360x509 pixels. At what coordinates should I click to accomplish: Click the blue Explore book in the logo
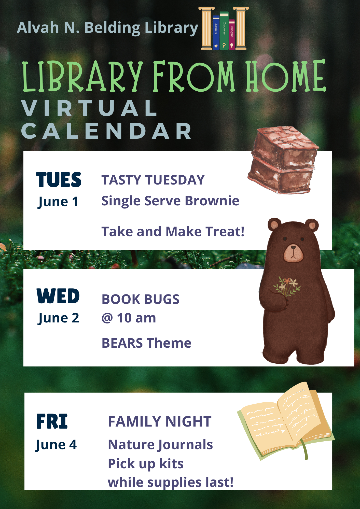(216, 32)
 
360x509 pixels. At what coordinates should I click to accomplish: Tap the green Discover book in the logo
(224, 30)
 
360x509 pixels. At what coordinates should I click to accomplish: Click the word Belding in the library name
(112, 28)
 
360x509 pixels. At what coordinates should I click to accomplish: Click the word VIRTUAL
(89, 108)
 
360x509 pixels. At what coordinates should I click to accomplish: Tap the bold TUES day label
(59, 180)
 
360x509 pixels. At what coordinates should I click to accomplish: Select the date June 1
(58, 202)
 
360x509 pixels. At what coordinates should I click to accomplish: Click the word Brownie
(212, 201)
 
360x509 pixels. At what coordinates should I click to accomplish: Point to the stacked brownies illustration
(283, 160)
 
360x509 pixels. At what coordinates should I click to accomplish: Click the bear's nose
(293, 247)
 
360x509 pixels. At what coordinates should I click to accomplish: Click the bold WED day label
(58, 296)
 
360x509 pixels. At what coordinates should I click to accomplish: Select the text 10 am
(136, 318)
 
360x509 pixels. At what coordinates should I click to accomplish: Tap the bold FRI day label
(52, 421)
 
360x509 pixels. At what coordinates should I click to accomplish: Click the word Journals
(186, 445)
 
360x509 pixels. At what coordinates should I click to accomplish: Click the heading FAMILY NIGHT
(160, 421)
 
